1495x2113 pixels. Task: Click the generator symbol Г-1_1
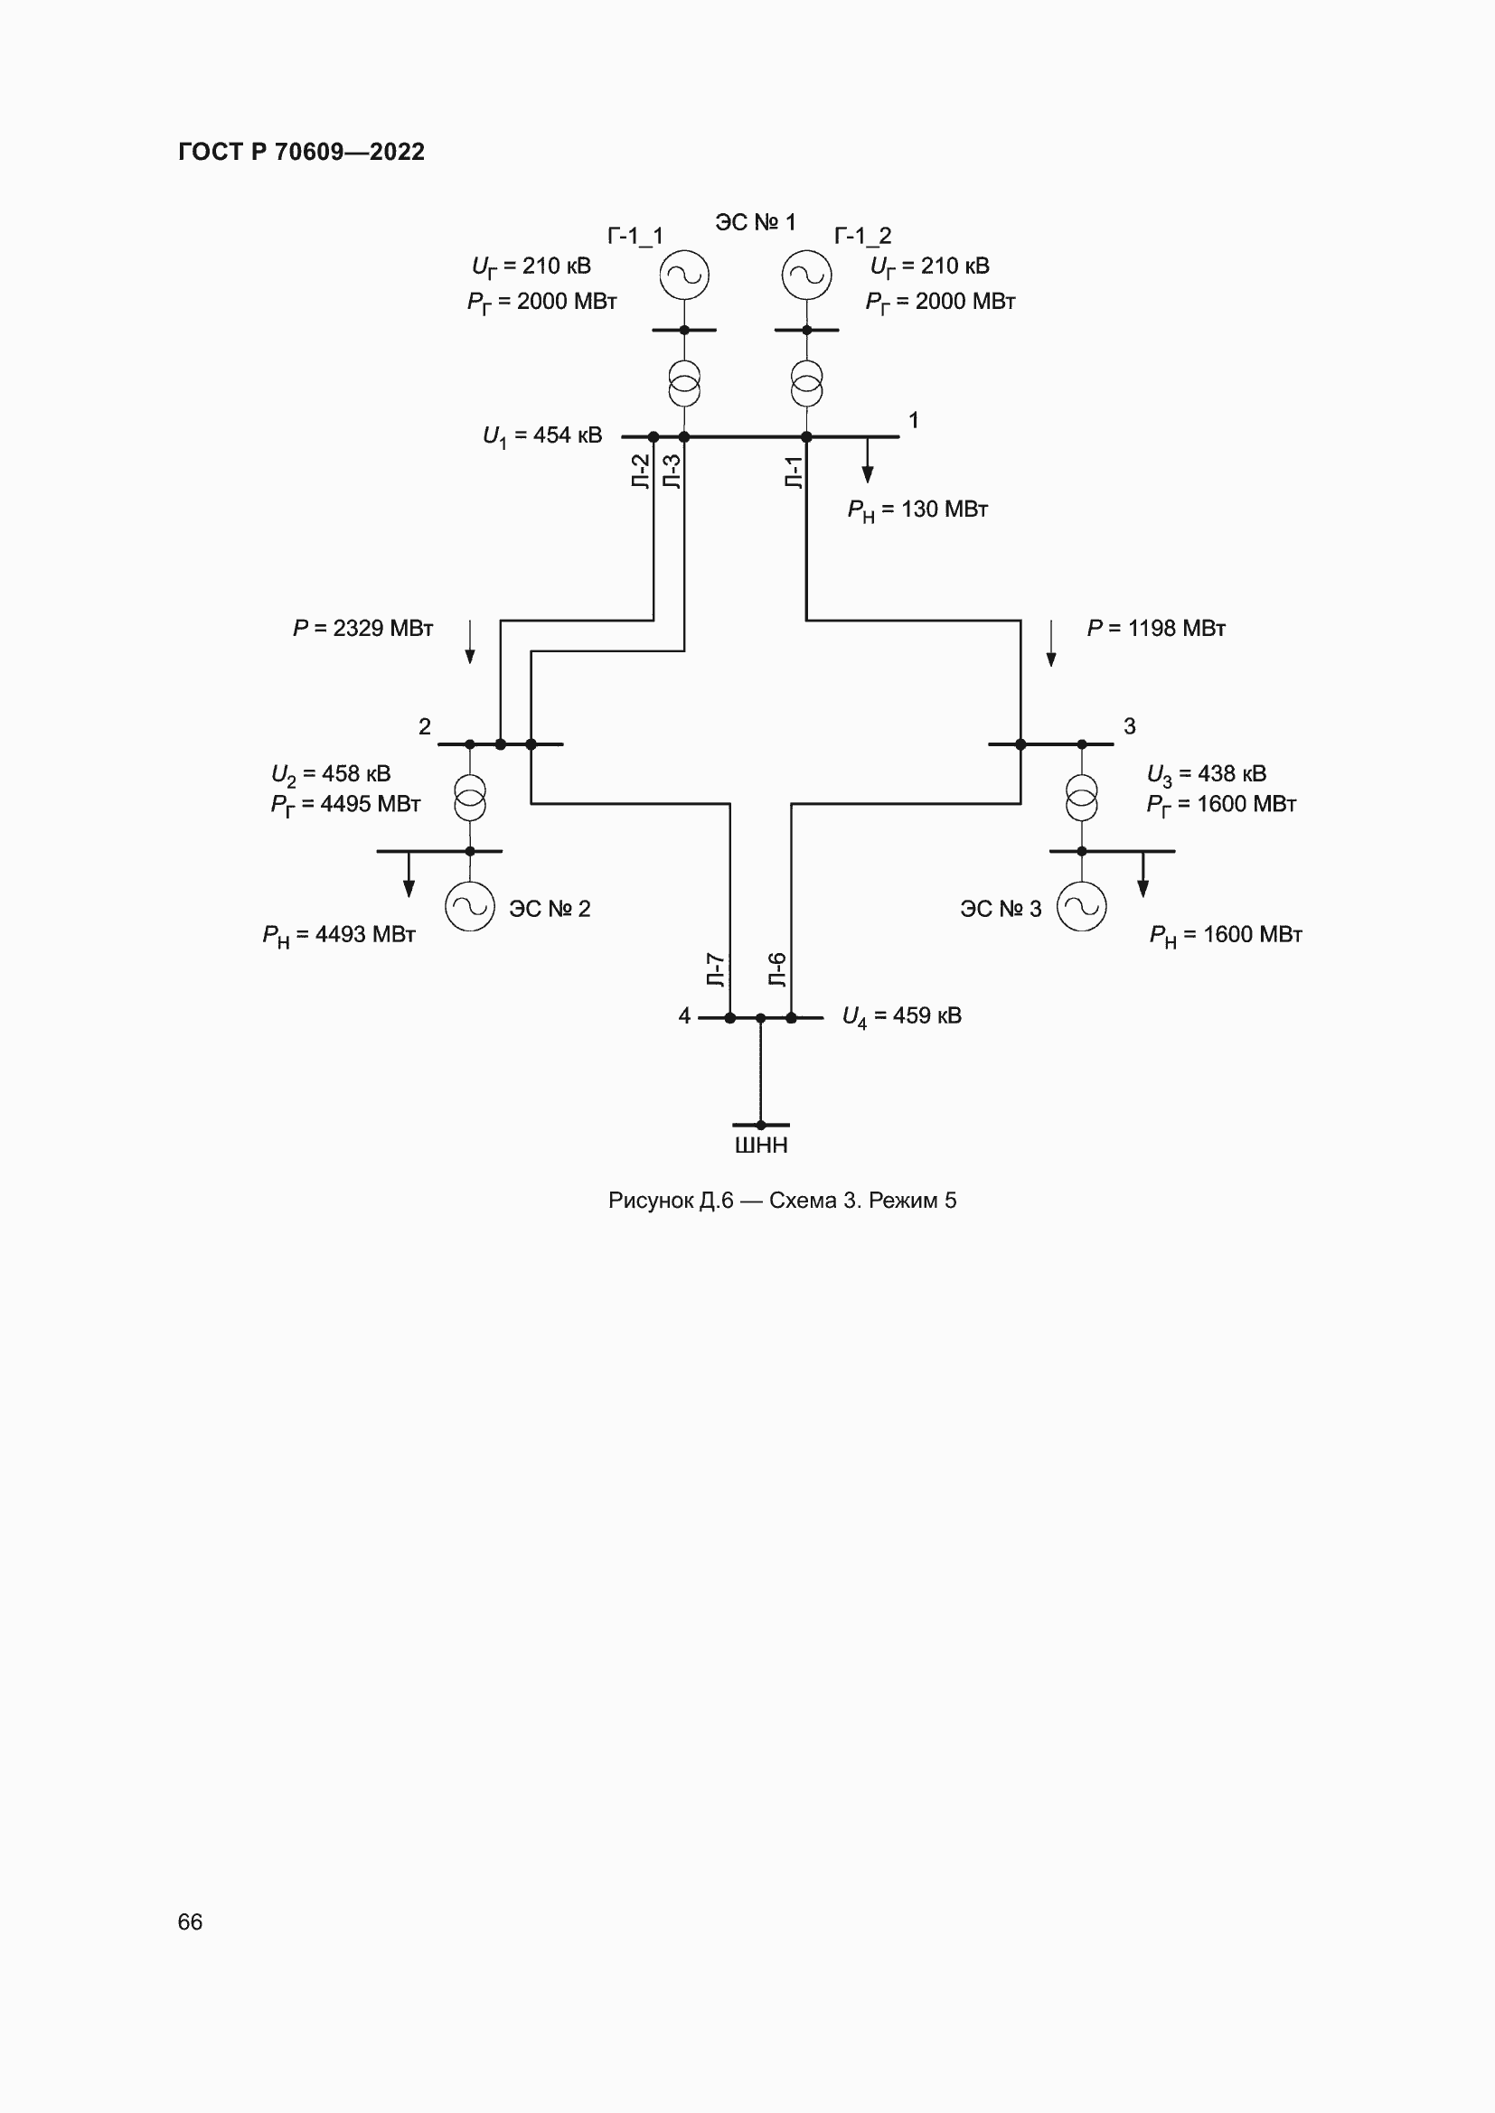pos(684,276)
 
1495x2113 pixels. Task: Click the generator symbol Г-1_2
pos(806,276)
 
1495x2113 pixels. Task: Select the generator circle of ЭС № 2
pos(469,906)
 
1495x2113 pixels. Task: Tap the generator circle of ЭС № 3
pos(1082,906)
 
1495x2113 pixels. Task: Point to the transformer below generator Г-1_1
pos(684,384)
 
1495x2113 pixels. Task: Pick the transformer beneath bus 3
pos(1082,798)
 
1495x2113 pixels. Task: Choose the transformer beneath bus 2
pos(469,798)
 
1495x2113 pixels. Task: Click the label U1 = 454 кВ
pos(542,436)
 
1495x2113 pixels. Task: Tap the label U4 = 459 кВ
pos(901,1017)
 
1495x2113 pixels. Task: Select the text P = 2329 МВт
pos(362,629)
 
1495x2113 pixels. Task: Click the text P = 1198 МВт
pos(1155,629)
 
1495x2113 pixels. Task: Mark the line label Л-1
pos(794,472)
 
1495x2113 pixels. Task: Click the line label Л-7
pos(715,970)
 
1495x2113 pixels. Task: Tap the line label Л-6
pos(777,970)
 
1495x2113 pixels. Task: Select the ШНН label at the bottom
pos(760,1145)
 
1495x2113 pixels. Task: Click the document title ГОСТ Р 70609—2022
pos(301,152)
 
